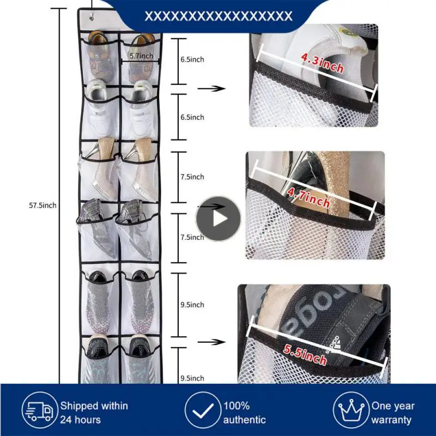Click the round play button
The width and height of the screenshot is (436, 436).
pyautogui.click(x=218, y=219)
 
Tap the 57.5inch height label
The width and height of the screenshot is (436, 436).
pyautogui.click(x=43, y=205)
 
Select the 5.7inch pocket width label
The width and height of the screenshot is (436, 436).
pyautogui.click(x=141, y=56)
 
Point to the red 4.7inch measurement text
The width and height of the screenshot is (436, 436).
pyautogui.click(x=308, y=197)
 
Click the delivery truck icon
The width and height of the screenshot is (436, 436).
pyautogui.click(x=38, y=413)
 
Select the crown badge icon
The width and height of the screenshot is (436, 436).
pyautogui.click(x=350, y=413)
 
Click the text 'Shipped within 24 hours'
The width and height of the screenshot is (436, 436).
pyautogui.click(x=94, y=413)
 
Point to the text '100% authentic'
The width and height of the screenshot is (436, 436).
pyautogui.click(x=244, y=413)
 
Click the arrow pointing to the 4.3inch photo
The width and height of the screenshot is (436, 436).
pyautogui.click(x=211, y=88)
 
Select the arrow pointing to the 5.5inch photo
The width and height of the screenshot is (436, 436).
pyautogui.click(x=211, y=342)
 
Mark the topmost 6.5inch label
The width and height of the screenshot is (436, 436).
pyautogui.click(x=192, y=59)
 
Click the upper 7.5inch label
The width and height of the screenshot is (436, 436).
pyautogui.click(x=192, y=177)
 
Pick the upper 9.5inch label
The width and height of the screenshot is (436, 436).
pyautogui.click(x=192, y=305)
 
